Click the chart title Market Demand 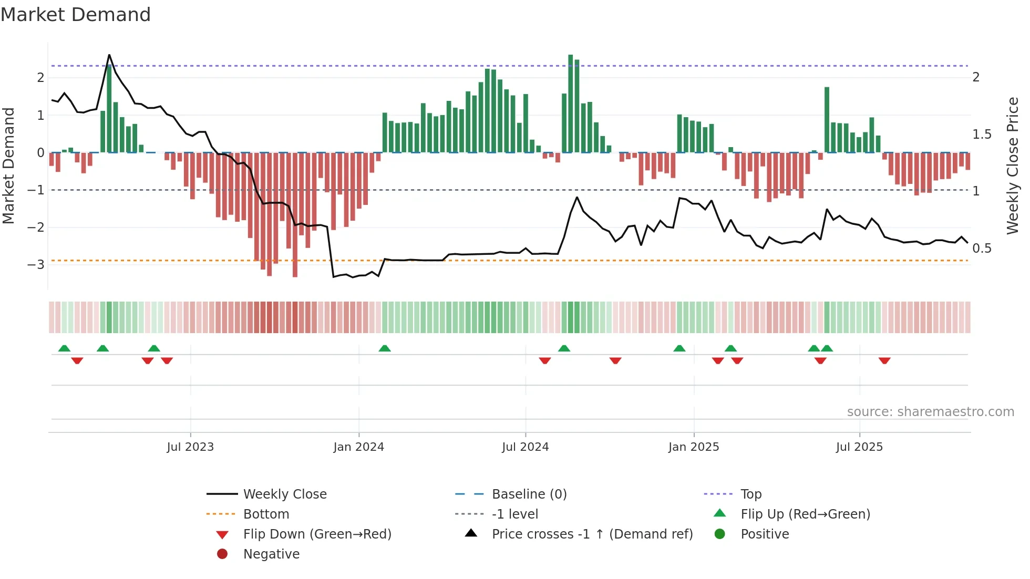[x=76, y=15]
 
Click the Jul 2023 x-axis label [x=190, y=447]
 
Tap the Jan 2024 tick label [x=359, y=447]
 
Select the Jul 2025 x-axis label [x=859, y=447]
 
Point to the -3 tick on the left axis [x=36, y=264]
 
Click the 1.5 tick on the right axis [x=982, y=135]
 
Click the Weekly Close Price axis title [x=1012, y=166]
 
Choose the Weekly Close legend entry [x=284, y=494]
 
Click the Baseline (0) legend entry [x=529, y=494]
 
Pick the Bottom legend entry [x=266, y=514]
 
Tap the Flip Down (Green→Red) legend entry [x=317, y=534]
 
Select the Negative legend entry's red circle [x=222, y=554]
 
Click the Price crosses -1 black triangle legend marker [x=471, y=533]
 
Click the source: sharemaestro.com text [x=930, y=412]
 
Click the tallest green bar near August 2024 [x=571, y=103]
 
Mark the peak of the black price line [x=109, y=55]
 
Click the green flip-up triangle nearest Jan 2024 [x=385, y=348]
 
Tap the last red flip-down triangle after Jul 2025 [x=884, y=360]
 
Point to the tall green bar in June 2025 [x=827, y=120]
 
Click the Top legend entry [x=750, y=494]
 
